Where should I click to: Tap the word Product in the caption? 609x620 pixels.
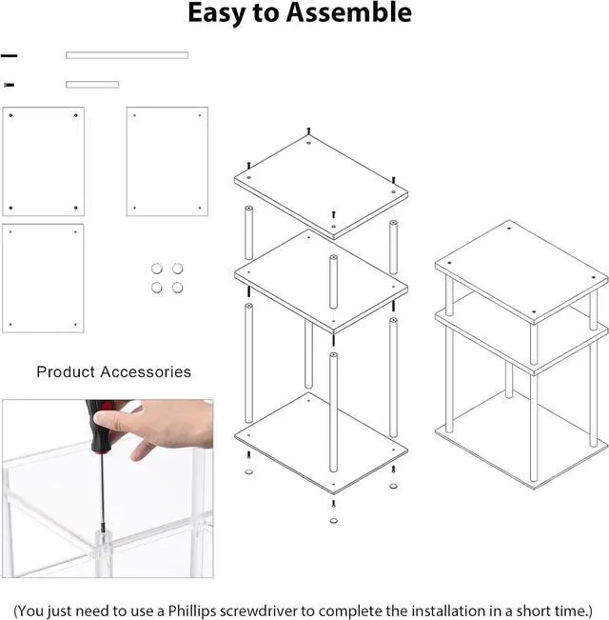pos(68,372)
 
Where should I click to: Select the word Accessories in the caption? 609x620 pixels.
pos(147,372)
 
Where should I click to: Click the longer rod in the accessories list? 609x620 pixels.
pos(127,55)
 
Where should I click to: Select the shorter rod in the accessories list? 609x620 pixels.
pos(92,85)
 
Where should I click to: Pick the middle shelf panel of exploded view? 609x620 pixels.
pos(321,278)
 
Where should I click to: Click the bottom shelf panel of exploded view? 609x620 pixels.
pos(321,440)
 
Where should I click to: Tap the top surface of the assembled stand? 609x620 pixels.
pos(521,268)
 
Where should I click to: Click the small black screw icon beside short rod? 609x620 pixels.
pos(10,85)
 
